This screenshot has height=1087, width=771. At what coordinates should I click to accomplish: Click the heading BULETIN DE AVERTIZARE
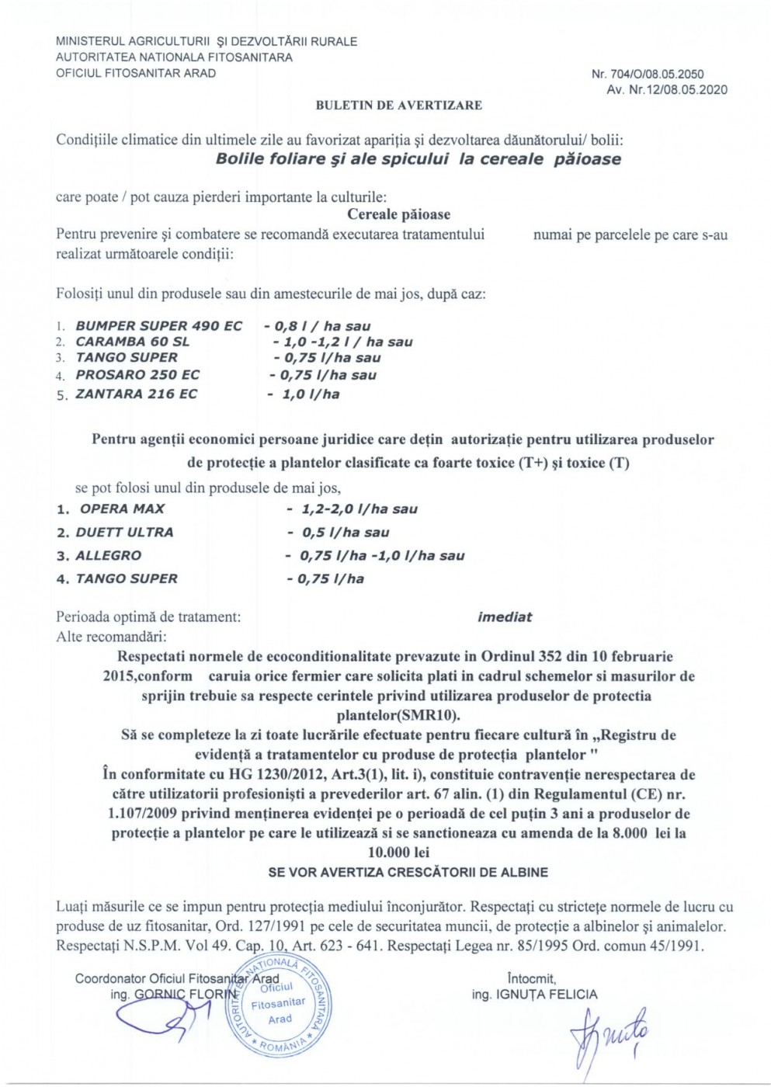pyautogui.click(x=398, y=105)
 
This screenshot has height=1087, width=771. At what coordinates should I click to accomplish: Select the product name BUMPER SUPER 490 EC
pyautogui.click(x=158, y=326)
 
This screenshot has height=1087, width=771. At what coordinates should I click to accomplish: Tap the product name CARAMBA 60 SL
pyautogui.click(x=132, y=342)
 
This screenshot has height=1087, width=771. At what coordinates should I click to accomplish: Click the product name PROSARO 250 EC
pyautogui.click(x=137, y=374)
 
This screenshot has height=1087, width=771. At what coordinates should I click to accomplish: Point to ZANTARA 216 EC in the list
pyautogui.click(x=136, y=394)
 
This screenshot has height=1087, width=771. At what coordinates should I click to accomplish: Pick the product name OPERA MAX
pyautogui.click(x=123, y=509)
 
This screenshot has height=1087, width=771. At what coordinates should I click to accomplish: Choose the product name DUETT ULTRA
pyautogui.click(x=124, y=532)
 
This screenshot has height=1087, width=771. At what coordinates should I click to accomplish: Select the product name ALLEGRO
pyautogui.click(x=109, y=555)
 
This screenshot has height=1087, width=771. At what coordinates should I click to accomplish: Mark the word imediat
pyautogui.click(x=505, y=616)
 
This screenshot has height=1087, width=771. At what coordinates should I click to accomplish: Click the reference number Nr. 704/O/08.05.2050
pyautogui.click(x=648, y=75)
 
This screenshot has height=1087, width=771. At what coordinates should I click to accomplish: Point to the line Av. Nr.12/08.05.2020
pyautogui.click(x=668, y=89)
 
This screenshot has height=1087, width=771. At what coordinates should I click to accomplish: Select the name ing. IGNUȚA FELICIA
pyautogui.click(x=534, y=994)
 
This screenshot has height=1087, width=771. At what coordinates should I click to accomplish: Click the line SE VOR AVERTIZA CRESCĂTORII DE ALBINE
pyautogui.click(x=408, y=872)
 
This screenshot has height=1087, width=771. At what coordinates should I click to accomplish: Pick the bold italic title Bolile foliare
pyautogui.click(x=418, y=159)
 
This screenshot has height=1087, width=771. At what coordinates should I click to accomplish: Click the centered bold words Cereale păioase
pyautogui.click(x=398, y=214)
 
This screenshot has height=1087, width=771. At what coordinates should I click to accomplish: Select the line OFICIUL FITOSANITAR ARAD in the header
pyautogui.click(x=136, y=73)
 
